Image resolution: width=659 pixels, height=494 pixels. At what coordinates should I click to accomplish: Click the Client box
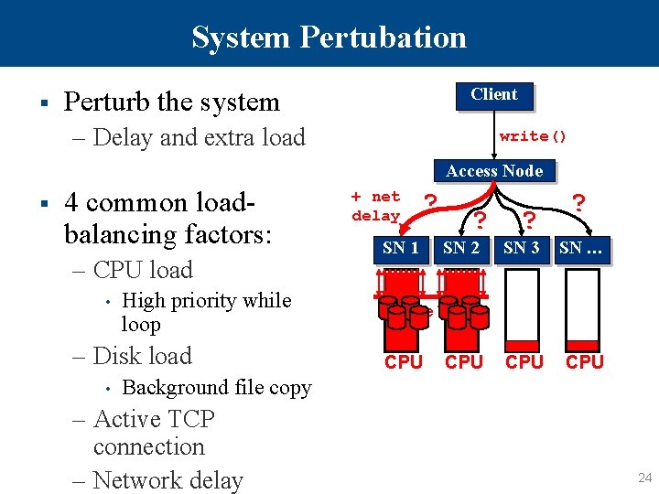tap(493, 95)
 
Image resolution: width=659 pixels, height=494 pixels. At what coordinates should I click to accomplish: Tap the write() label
tap(533, 136)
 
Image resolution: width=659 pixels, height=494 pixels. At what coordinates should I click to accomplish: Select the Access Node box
tap(494, 171)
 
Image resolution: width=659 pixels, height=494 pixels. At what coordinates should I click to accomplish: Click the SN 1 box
tap(401, 248)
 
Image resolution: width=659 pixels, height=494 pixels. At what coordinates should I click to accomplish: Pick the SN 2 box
tap(461, 248)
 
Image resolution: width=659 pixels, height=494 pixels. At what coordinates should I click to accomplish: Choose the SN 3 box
tap(522, 248)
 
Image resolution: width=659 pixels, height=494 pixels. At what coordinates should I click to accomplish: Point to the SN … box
tap(584, 248)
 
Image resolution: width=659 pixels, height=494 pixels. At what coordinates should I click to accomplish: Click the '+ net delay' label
tap(376, 206)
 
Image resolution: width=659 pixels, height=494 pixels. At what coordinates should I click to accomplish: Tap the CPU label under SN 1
tap(404, 362)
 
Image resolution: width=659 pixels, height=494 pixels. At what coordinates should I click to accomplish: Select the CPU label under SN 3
tap(524, 362)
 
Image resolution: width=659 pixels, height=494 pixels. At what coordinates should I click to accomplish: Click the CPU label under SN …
tap(585, 362)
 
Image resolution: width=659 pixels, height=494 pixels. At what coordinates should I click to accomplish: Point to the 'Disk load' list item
tap(143, 356)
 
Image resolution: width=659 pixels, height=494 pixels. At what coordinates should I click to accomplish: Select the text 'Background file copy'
tap(217, 387)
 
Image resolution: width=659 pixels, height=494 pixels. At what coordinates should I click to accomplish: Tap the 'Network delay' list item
tap(168, 480)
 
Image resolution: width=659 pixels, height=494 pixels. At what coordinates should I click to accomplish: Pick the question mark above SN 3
tap(529, 220)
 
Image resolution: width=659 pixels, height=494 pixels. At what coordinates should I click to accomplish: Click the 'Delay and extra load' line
tap(200, 137)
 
